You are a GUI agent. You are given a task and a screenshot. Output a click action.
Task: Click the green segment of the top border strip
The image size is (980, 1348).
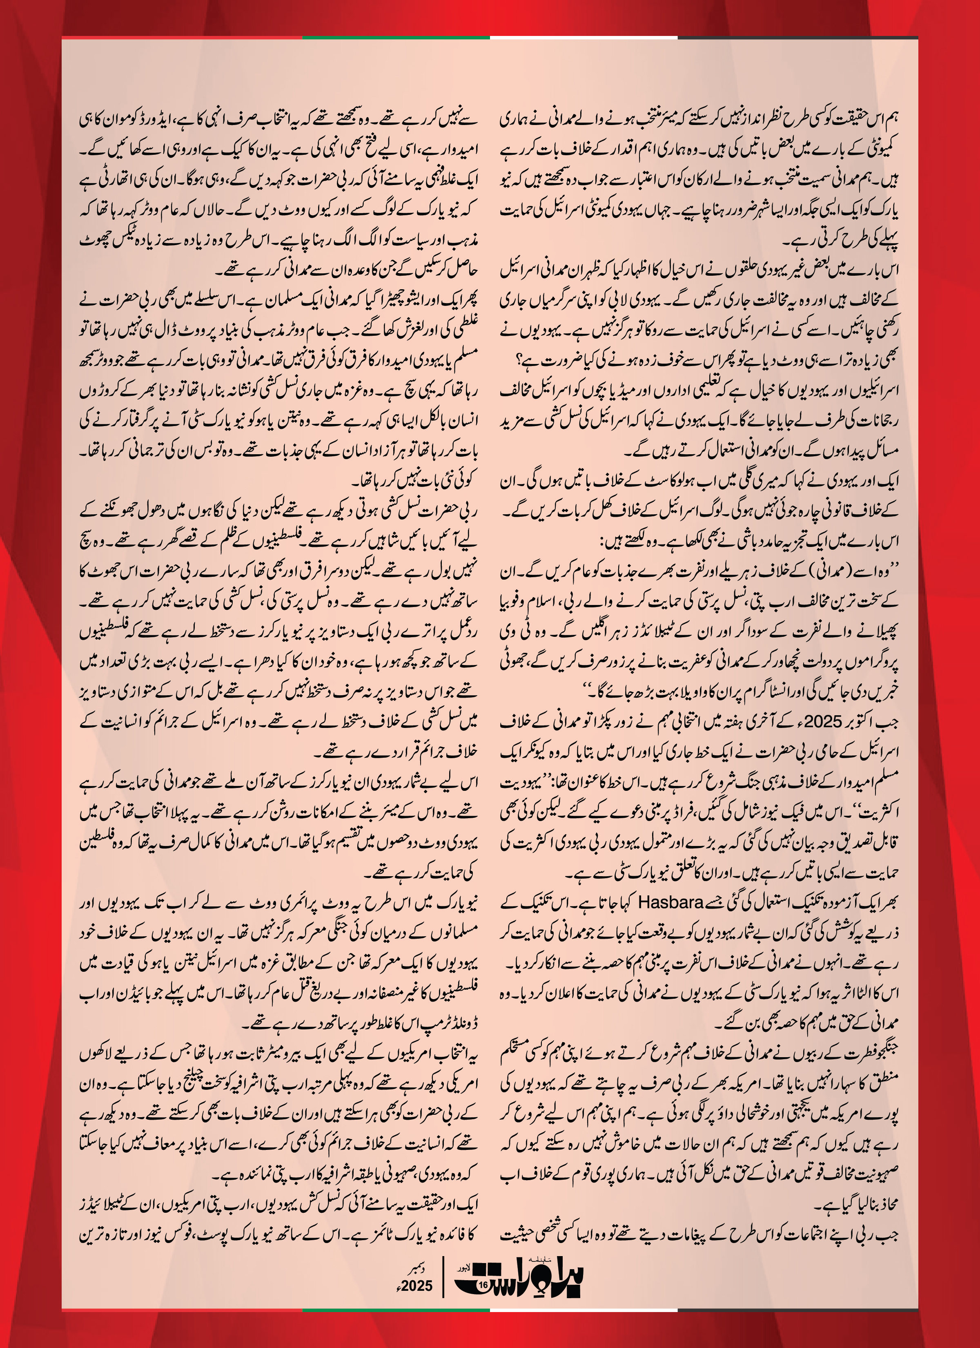(x=396, y=38)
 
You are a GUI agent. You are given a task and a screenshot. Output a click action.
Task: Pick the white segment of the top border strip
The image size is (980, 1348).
(x=584, y=38)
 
